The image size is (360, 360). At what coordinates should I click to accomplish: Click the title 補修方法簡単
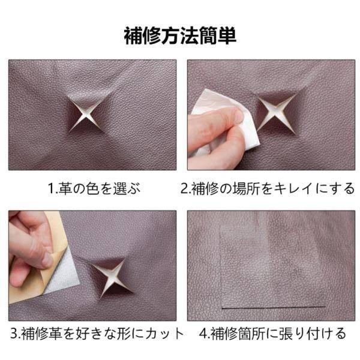180,36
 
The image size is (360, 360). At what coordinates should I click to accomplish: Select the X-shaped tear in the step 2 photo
275,113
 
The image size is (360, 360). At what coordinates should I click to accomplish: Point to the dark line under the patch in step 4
274,307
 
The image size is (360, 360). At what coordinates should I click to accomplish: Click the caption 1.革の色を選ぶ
94,189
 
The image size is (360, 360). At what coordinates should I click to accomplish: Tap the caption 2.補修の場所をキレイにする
268,189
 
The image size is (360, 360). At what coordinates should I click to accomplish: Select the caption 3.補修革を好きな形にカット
97,334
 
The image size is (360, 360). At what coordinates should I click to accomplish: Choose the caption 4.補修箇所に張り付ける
273,334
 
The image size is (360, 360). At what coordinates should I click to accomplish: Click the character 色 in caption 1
93,189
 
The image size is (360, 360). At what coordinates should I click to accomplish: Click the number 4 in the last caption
203,334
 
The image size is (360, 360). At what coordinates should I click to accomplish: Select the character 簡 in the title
208,36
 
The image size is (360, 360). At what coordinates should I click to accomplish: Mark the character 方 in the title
170,36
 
